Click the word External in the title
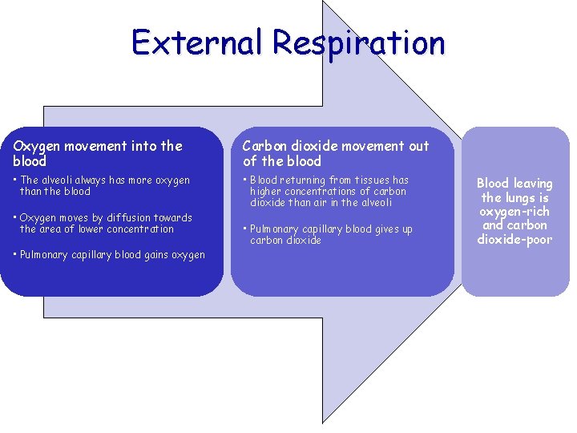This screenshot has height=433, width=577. [196, 42]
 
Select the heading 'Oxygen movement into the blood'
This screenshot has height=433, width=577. [98, 152]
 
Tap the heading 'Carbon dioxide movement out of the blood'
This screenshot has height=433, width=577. [335, 152]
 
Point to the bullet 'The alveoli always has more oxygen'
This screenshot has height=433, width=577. [104, 185]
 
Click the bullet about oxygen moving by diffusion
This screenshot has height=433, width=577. [105, 223]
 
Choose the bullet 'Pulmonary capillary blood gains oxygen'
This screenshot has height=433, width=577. [111, 255]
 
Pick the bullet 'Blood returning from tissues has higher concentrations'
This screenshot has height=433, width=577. [329, 191]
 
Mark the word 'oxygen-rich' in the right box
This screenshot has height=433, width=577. [514, 212]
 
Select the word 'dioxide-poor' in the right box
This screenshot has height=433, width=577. [514, 239]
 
